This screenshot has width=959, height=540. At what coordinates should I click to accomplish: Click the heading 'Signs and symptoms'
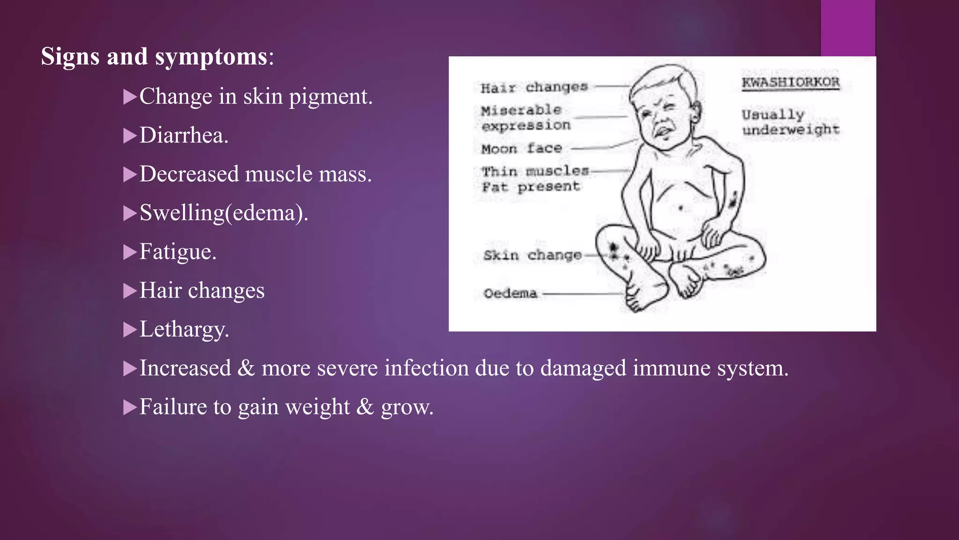click(x=155, y=57)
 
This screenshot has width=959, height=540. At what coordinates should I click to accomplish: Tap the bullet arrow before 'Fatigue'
click(x=129, y=252)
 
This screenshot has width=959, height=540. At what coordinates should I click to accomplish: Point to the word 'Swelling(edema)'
click(x=223, y=213)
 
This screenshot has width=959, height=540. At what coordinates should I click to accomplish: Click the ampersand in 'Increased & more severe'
click(x=246, y=368)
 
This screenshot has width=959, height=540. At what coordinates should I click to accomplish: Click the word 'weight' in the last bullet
click(x=317, y=407)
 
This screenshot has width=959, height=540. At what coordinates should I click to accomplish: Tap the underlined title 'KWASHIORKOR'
click(x=790, y=82)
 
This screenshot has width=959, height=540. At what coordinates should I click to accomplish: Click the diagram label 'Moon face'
click(x=521, y=149)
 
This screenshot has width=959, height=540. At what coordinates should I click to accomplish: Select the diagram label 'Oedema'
click(x=510, y=293)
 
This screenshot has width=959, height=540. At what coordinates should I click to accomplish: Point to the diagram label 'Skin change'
click(x=532, y=255)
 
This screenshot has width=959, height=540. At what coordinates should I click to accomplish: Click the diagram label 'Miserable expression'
click(x=525, y=118)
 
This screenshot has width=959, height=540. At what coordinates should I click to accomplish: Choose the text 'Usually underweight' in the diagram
click(x=790, y=122)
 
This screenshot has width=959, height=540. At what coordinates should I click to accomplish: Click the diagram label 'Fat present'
click(x=531, y=187)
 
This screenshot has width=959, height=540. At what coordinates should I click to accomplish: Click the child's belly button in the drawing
click(x=681, y=208)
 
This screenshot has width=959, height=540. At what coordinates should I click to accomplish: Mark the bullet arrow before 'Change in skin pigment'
click(x=129, y=97)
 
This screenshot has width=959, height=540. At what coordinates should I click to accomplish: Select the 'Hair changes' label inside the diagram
click(x=534, y=88)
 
